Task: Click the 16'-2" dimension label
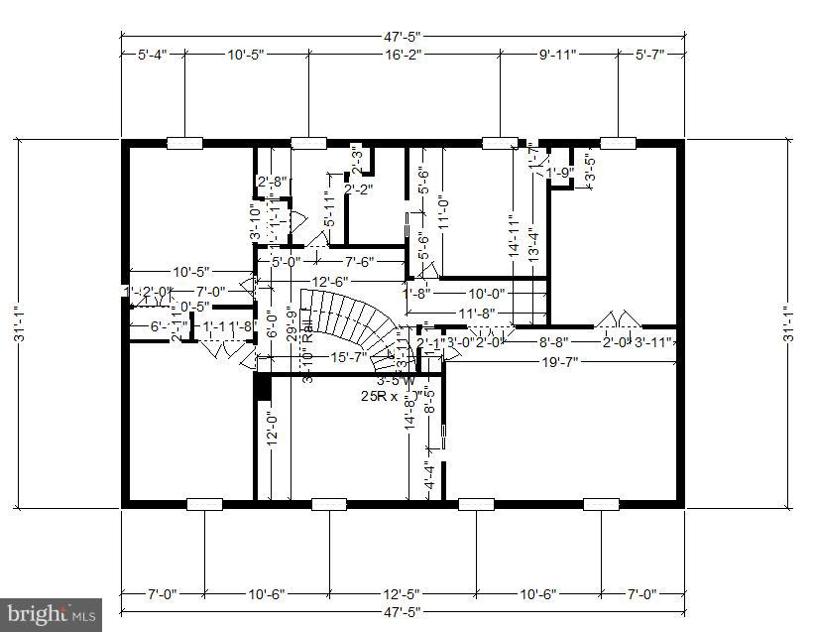click(x=404, y=56)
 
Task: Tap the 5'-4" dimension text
click(x=153, y=56)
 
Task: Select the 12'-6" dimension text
click(x=329, y=282)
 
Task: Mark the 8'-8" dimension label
click(x=552, y=342)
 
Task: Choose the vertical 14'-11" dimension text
click(x=513, y=237)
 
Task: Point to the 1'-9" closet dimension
click(x=560, y=173)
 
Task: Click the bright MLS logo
click(x=51, y=615)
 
